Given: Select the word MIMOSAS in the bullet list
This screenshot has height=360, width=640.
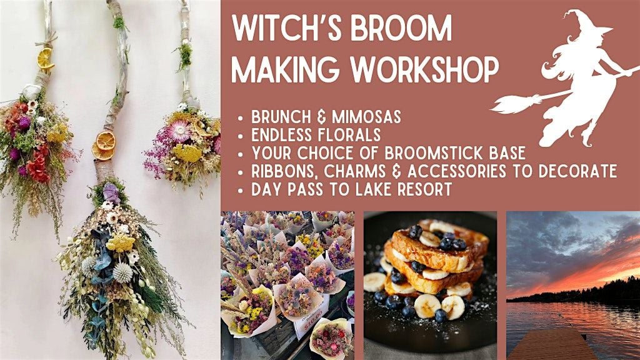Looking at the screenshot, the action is (366, 117).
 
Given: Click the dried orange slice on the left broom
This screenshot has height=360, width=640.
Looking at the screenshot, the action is (45, 58).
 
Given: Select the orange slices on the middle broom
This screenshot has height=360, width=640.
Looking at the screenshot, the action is (104, 146).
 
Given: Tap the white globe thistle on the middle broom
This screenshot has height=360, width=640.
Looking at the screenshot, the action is (122, 272).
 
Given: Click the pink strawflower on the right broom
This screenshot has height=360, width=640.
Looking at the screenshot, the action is (179, 131).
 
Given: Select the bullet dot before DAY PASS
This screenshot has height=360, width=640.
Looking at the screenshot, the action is (241, 190).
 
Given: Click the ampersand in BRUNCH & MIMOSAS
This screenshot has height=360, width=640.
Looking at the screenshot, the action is (322, 117).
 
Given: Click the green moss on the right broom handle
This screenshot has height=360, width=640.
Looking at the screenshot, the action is (185, 56).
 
